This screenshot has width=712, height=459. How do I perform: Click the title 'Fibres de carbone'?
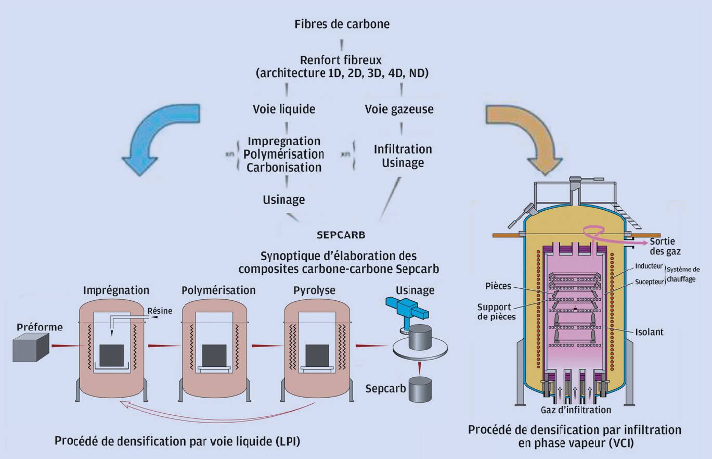(342, 24)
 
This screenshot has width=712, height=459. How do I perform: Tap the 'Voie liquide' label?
(284, 109)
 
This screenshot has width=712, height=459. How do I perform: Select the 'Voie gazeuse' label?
(399, 109)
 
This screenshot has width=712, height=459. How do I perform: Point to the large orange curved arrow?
(528, 133)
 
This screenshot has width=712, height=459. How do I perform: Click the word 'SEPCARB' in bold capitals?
(341, 235)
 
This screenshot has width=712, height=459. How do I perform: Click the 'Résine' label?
(160, 311)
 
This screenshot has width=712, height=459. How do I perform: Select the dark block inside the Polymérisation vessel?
(214, 355)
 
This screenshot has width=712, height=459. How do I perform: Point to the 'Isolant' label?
(649, 332)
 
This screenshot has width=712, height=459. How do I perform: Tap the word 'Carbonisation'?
(283, 168)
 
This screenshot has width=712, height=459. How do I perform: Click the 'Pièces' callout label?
(498, 286)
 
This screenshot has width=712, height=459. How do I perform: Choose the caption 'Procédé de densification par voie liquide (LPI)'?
(177, 441)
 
